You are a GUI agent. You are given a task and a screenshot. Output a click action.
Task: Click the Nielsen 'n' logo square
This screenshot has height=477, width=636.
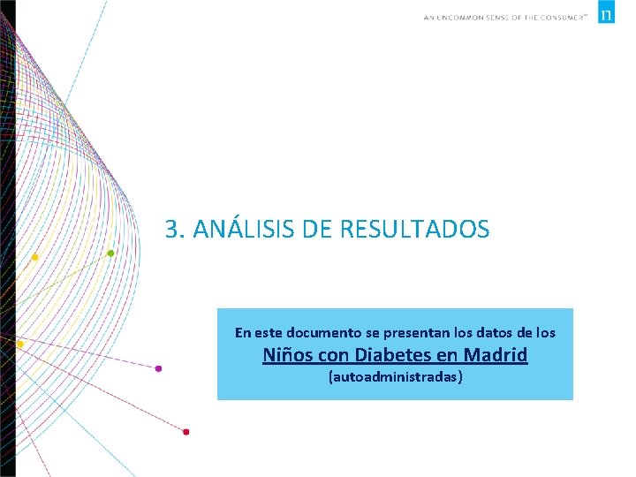606,14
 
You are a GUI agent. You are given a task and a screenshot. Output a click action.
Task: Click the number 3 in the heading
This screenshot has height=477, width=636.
173,230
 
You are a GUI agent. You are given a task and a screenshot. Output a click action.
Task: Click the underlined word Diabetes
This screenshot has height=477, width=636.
386,355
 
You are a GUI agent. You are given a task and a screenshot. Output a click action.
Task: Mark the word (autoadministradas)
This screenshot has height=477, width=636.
395,377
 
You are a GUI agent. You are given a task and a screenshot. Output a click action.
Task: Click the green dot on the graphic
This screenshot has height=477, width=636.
110,254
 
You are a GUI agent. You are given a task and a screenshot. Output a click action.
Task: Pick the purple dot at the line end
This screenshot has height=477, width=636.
159,368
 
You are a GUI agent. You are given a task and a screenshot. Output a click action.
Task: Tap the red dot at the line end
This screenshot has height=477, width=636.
185,432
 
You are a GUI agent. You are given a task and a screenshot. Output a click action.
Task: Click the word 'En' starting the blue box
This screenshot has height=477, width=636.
244,333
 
